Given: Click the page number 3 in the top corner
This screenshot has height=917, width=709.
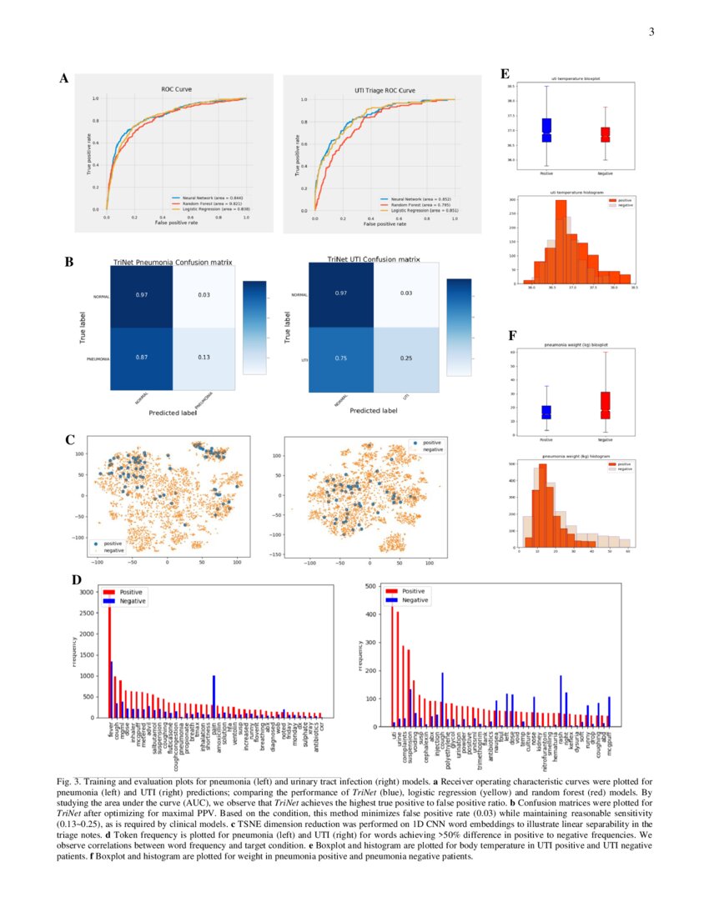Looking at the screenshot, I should click(651, 33).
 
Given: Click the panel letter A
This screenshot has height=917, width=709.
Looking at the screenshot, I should click(63, 79).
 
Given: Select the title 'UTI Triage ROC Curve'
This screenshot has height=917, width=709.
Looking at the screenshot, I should click(368, 89).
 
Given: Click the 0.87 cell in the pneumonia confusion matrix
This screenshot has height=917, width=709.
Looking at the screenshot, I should click(142, 356).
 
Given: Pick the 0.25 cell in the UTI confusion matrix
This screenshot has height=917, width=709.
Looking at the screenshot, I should click(406, 358).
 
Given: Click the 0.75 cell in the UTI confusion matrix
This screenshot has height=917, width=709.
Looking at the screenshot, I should click(342, 358).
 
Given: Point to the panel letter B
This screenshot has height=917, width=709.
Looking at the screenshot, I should click(70, 262).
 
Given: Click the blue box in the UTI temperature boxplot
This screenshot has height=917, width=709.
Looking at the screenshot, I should click(547, 130).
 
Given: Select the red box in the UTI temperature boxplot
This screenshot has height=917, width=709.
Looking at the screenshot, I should click(606, 133).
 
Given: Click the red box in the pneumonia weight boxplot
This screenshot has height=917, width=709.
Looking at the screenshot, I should click(606, 405).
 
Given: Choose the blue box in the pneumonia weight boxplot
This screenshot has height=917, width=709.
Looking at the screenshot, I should click(546, 412).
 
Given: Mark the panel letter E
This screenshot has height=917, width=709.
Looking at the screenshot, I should click(505, 73).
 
